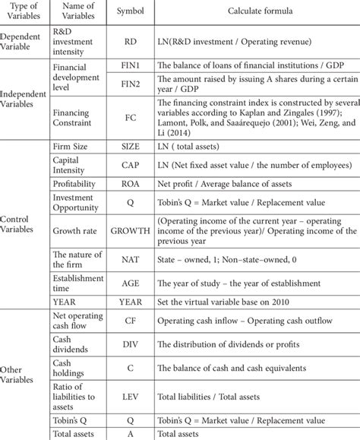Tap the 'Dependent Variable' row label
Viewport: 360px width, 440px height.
coord(23,43)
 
